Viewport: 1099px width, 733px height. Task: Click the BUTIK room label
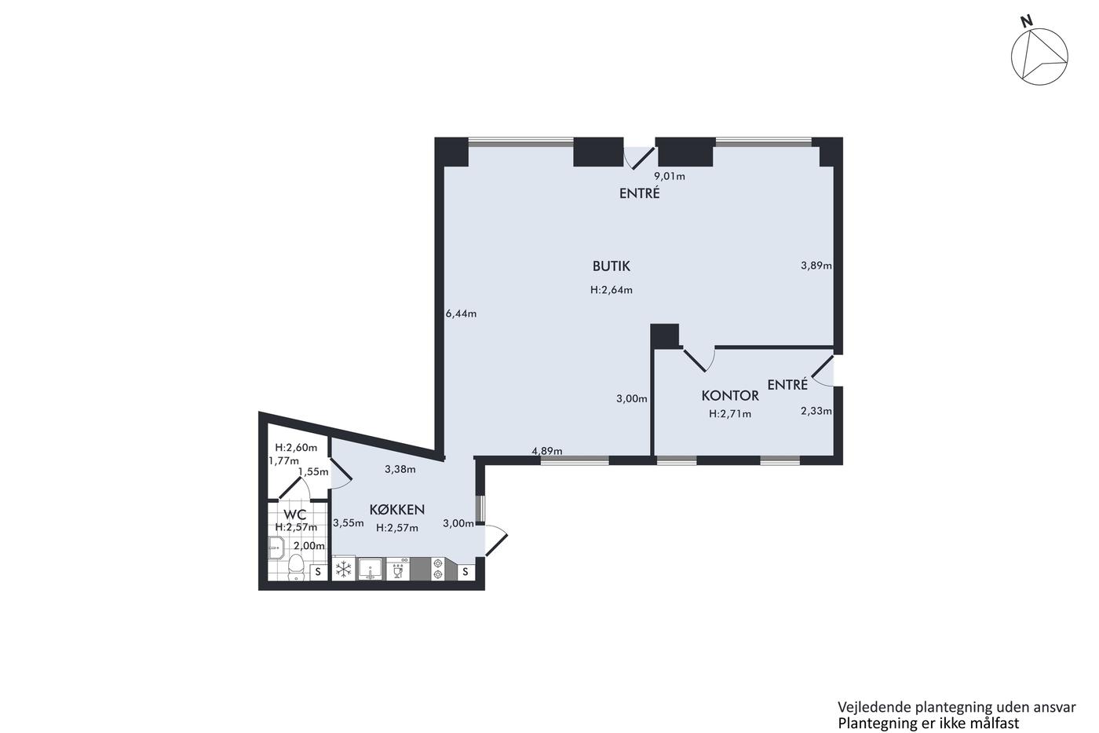pos(611,266)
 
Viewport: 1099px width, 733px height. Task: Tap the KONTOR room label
pos(730,395)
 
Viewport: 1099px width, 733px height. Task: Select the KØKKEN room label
pos(397,509)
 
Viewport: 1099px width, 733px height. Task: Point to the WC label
pos(295,515)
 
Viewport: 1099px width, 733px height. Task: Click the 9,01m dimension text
pos(670,176)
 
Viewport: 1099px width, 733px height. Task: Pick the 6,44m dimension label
pos(461,313)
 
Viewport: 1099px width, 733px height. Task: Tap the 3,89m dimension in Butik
pos(816,266)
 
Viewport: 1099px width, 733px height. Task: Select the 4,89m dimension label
pos(547,451)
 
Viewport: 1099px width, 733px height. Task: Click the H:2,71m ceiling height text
pos(730,414)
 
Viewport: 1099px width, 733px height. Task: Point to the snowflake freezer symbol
pos(344,570)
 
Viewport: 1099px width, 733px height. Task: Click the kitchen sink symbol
pos(370,570)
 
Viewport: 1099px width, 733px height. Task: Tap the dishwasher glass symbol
pos(398,570)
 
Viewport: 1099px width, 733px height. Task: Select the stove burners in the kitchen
pos(438,570)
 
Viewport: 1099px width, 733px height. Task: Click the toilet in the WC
pos(295,566)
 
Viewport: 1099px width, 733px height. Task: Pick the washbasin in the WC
pos(276,548)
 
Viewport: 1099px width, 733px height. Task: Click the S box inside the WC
pos(319,571)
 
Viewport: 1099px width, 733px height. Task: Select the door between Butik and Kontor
pos(699,359)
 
